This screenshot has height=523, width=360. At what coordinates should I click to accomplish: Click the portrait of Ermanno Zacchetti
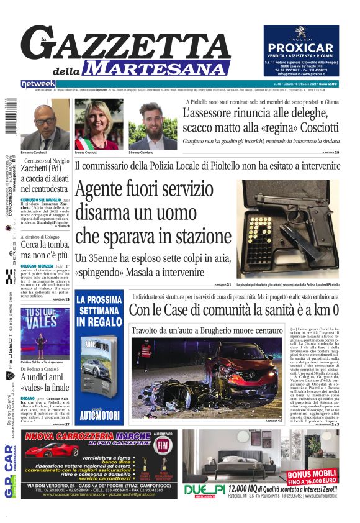click(45, 125)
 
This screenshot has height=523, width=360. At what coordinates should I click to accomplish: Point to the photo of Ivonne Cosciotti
click(97, 124)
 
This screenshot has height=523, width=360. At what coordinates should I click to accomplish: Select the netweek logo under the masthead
click(38, 83)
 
